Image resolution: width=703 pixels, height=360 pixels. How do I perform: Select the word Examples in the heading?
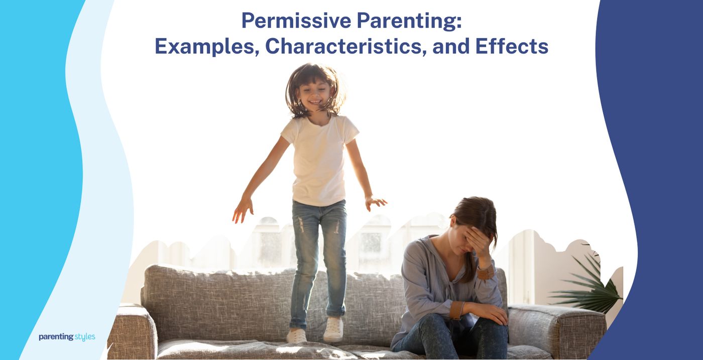point(205,46)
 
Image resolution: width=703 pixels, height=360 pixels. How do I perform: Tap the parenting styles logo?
point(67,336)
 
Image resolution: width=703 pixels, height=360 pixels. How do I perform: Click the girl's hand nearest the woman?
point(375,202)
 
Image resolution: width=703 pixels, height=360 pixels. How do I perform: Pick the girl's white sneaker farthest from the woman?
point(296,335)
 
